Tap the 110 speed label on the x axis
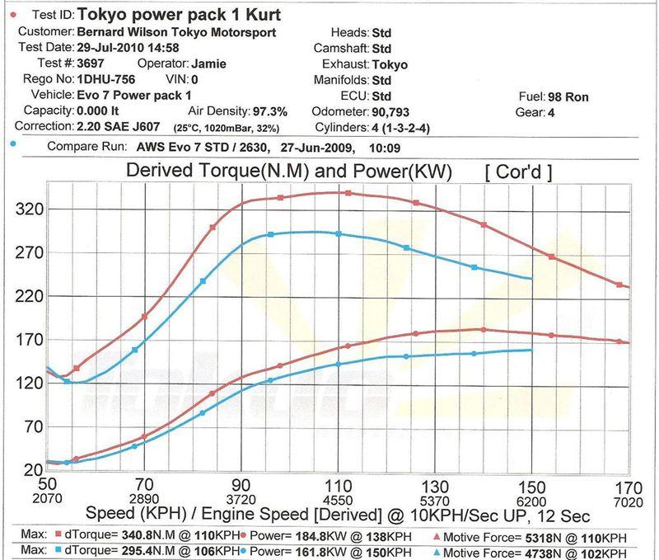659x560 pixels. tap(338, 486)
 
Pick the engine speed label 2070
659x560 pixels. tap(48, 500)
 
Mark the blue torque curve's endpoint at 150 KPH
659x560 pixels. tap(531, 279)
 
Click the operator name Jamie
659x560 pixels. tap(210, 63)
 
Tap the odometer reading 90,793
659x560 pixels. tap(397, 111)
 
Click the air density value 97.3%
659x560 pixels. tap(269, 111)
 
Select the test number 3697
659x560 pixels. tap(92, 63)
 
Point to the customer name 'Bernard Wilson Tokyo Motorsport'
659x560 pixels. tap(176, 32)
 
